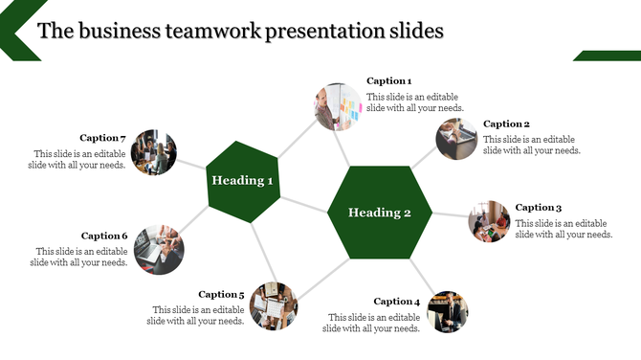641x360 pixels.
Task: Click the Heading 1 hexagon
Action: pos(243,180)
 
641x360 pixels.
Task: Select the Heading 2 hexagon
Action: pos(380,213)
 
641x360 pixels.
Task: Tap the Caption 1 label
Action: pos(389,81)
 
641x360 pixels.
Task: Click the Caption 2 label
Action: pos(506,124)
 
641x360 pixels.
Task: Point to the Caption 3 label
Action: pos(539,208)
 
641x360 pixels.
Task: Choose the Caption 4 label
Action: pos(397,302)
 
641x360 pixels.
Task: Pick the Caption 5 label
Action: pos(222,295)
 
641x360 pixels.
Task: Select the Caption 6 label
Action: pos(104,236)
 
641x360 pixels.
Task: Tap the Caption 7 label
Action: pos(103,138)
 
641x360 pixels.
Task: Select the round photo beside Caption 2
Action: pos(457,140)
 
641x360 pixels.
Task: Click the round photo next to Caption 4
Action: pos(447,311)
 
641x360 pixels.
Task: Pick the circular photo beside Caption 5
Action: pos(274,305)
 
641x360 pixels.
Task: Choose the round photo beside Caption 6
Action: pos(159,248)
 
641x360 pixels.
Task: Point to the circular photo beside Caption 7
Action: pos(154,153)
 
